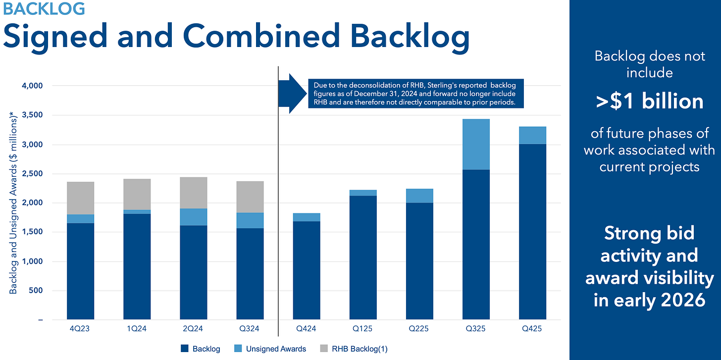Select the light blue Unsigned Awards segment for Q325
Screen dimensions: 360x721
tap(476, 144)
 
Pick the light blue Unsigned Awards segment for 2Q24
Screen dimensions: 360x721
tap(194, 217)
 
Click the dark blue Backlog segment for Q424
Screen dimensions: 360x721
tap(307, 270)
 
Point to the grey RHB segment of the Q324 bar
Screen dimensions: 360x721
tap(250, 197)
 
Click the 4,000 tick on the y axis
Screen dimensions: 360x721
tap(34, 86)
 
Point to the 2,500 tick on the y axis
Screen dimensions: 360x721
tap(34, 174)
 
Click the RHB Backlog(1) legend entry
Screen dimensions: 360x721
tap(360, 349)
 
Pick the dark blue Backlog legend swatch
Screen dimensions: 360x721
tap(184, 349)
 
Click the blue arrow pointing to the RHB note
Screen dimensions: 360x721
tap(292, 93)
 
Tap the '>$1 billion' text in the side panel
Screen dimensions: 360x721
tap(649, 101)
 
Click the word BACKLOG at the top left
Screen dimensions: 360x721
tap(44, 8)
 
